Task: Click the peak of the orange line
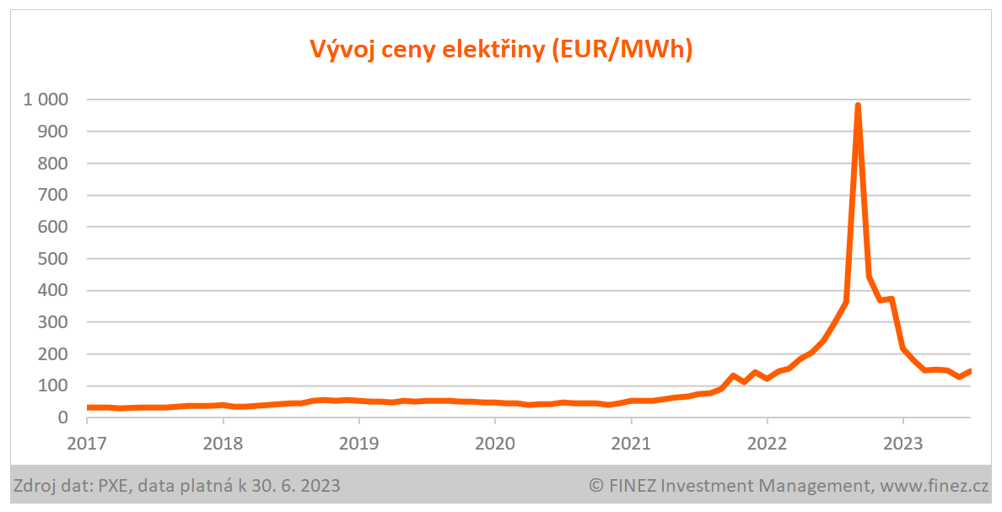click(858, 105)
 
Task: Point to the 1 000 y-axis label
click(46, 100)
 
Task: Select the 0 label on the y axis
click(62, 418)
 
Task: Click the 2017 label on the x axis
click(88, 443)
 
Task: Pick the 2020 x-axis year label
click(495, 443)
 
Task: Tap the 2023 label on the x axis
click(902, 443)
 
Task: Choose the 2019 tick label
click(359, 443)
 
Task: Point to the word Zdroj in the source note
click(34, 485)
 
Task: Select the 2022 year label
click(767, 443)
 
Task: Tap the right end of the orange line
click(970, 371)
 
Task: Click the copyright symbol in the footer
click(596, 485)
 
